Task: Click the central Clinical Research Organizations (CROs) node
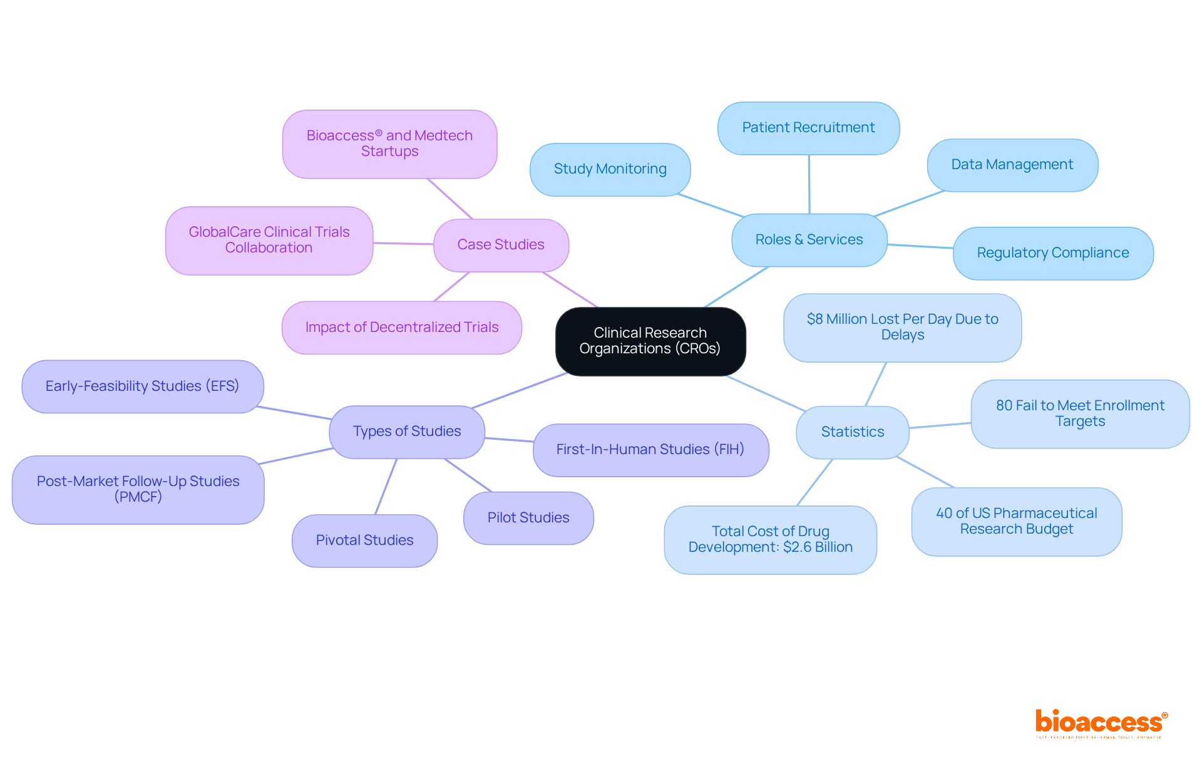650,341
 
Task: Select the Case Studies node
501,245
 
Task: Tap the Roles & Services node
809,240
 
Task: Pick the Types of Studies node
407,432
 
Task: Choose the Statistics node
852,432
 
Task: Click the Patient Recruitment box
808,128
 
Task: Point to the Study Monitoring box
610,169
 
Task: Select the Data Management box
1012,165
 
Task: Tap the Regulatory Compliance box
1052,253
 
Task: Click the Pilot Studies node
528,518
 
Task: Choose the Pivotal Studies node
364,541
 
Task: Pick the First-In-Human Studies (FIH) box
650,450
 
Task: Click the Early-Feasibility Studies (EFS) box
142,386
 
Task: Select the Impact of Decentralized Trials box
401,328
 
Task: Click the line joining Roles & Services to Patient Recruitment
809,184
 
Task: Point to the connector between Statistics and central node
765,393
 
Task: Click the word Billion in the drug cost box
835,547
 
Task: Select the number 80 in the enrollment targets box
1004,406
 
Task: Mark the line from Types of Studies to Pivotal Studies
386,487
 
